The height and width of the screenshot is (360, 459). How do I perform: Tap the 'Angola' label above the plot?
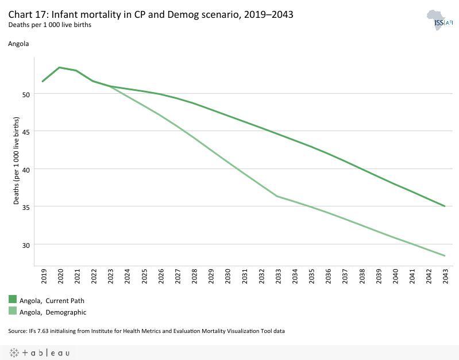pos(18,44)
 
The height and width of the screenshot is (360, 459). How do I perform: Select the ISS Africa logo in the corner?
pos(440,21)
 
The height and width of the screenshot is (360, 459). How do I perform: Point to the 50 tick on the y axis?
pos(26,94)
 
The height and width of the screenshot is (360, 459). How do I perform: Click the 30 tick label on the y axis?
pos(26,244)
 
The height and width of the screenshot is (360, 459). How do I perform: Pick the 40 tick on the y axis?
pos(26,169)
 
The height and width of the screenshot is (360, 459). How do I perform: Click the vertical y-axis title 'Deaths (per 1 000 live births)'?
pos(17,162)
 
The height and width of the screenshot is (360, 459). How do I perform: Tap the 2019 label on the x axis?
pos(43,277)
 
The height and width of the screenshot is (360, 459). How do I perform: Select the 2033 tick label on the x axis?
pos(277,277)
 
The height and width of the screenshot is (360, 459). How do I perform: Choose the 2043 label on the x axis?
pos(445,277)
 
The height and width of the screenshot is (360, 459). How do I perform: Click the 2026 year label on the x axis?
pos(160,277)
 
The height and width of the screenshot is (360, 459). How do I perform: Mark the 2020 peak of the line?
pos(60,67)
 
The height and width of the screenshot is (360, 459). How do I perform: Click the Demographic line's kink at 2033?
pos(277,196)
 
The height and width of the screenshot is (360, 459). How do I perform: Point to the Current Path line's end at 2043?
pos(445,206)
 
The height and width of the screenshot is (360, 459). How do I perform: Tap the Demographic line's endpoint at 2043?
pos(445,255)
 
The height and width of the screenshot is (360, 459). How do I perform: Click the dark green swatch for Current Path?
pos(13,300)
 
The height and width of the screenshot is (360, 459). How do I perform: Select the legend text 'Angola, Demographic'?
pos(53,312)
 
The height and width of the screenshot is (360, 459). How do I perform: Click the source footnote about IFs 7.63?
pos(146,331)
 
